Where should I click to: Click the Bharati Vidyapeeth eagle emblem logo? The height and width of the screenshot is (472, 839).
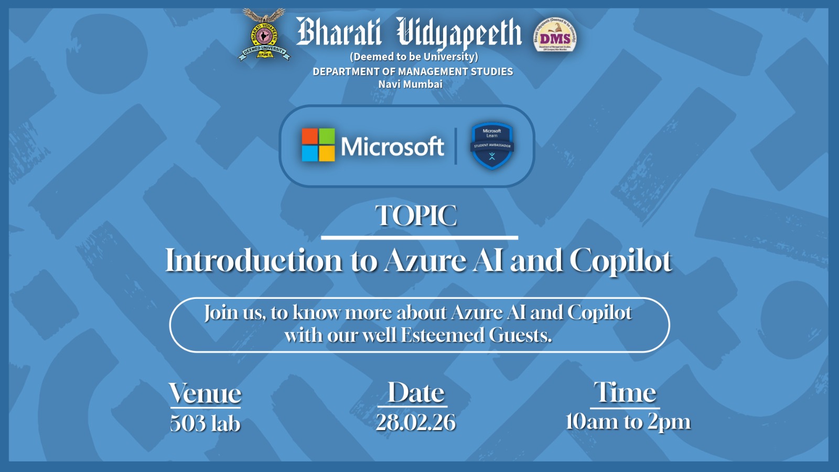[264, 34]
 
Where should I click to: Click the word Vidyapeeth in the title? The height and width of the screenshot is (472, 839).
[459, 33]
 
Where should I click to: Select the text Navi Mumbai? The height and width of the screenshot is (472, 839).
[411, 84]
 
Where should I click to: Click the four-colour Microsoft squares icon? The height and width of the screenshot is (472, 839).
[318, 145]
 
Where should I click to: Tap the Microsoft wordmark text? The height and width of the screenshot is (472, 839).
[392, 146]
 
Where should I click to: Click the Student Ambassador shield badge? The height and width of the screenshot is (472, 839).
[491, 146]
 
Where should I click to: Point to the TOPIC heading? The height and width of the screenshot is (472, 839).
[416, 216]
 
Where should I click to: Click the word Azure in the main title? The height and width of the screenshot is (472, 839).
[425, 261]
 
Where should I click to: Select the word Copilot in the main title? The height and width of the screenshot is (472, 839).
[621, 261]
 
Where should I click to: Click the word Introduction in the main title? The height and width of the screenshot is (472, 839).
[254, 261]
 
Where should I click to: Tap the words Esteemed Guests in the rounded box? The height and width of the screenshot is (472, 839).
[476, 335]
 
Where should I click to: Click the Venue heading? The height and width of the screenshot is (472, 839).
[205, 393]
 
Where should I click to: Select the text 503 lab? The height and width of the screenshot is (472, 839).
[205, 423]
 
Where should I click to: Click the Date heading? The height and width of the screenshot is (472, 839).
[416, 392]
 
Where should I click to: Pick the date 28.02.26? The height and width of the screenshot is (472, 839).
[416, 423]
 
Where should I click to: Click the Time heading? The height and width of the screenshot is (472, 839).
[625, 392]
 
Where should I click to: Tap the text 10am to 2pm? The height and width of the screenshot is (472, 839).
[628, 422]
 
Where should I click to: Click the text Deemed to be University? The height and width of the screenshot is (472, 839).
[414, 57]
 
